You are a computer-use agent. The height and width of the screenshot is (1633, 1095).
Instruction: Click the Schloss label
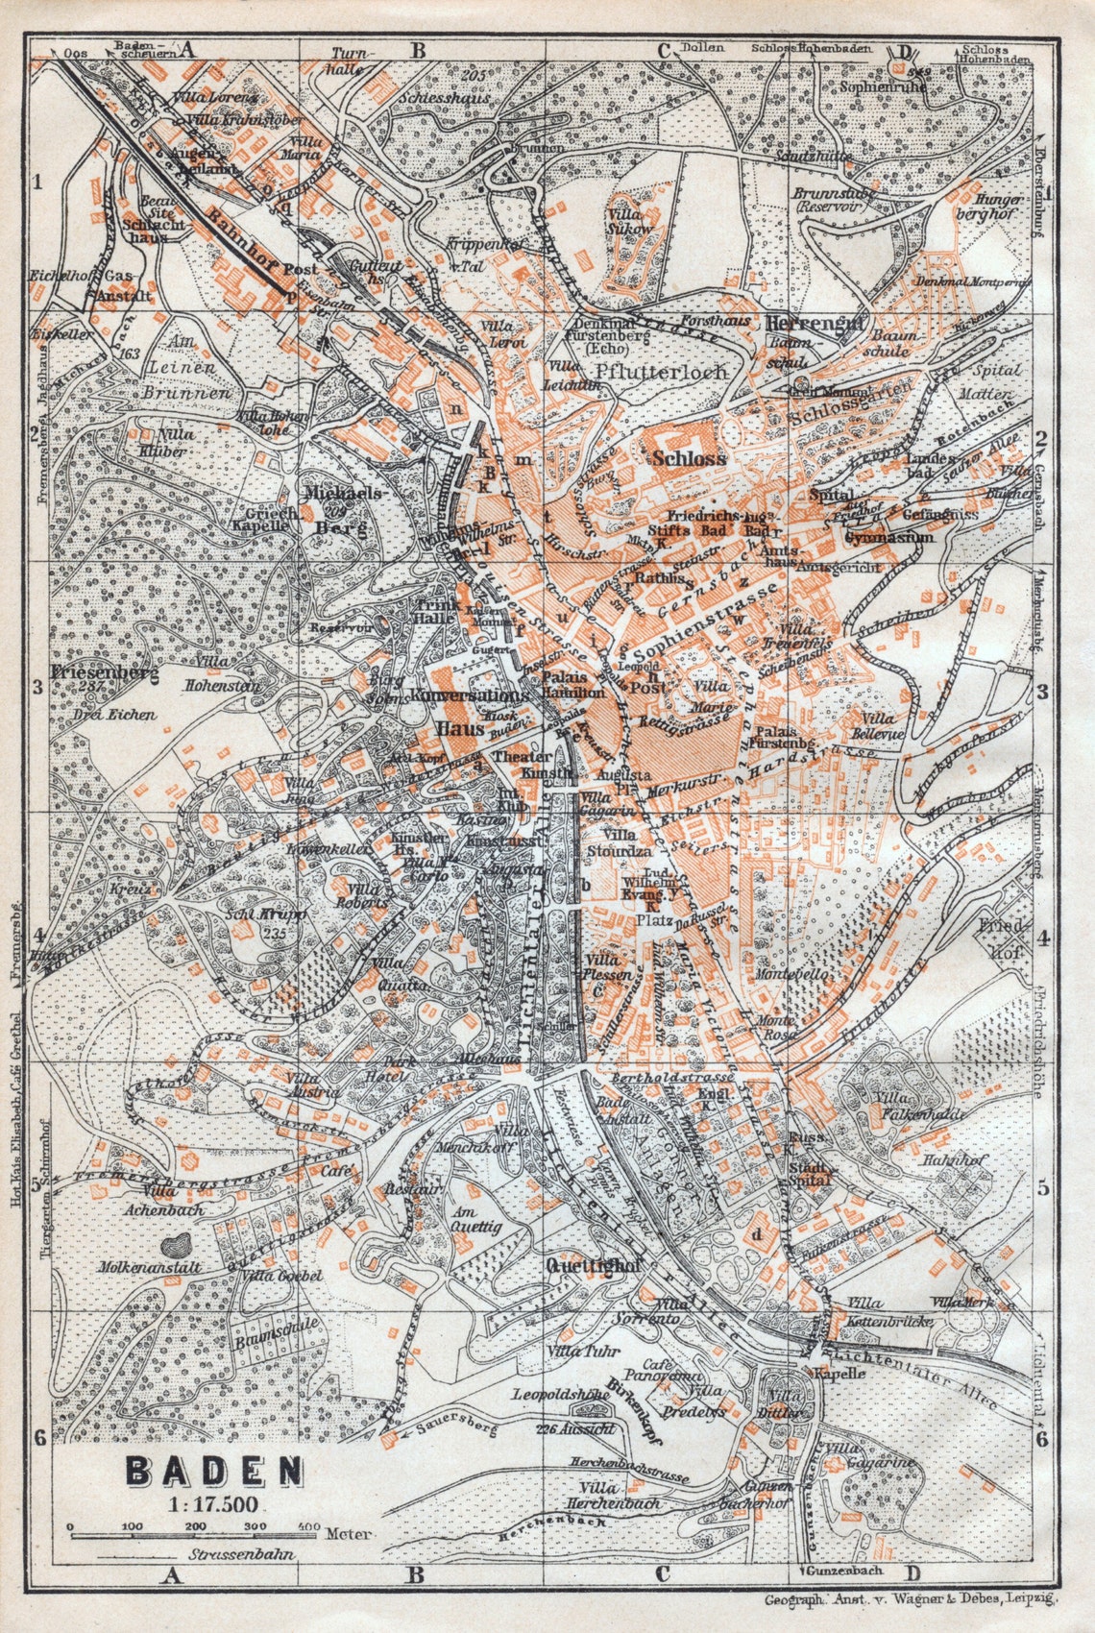coord(689,458)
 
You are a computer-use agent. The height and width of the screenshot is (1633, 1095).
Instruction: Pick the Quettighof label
coord(593,1265)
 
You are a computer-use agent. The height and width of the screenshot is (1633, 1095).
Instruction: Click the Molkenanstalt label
coord(149,1268)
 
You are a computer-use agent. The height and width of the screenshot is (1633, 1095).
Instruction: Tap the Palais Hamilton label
coord(572,684)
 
